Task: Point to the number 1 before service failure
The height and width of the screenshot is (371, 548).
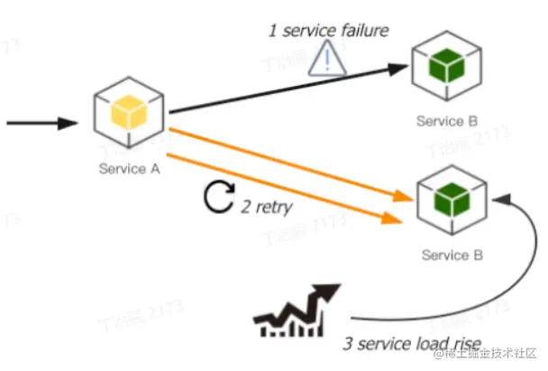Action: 272,32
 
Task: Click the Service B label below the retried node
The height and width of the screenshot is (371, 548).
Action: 452,255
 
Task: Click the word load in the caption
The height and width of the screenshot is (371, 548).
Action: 432,344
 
